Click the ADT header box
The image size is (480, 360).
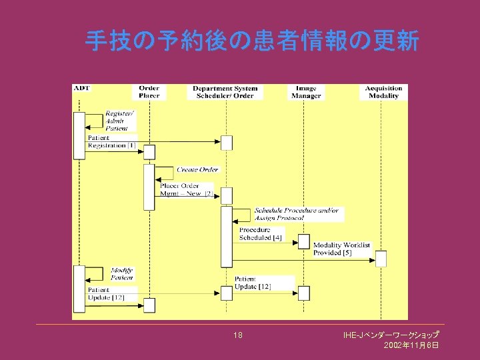tap(82, 89)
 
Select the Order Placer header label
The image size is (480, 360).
tap(149, 92)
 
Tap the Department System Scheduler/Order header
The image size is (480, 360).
tap(225, 92)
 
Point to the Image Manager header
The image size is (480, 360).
tap(307, 92)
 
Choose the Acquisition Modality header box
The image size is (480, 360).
tap(383, 92)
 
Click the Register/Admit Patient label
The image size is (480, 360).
tap(119, 121)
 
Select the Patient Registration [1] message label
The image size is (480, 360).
tap(111, 142)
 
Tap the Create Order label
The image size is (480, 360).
tap(197, 170)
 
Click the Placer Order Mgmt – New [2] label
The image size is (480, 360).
tap(186, 189)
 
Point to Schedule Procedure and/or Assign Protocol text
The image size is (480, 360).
tap(296, 214)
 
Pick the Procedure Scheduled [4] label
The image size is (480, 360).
tap(261, 233)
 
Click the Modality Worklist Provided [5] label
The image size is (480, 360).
tap(341, 249)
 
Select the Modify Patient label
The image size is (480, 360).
tap(121, 274)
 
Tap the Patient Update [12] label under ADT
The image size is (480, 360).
tap(106, 294)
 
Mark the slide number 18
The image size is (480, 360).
tap(238, 335)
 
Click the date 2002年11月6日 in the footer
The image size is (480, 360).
tap(411, 345)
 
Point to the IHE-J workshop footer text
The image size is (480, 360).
tap(391, 334)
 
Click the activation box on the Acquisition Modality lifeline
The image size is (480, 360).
tap(381, 259)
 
